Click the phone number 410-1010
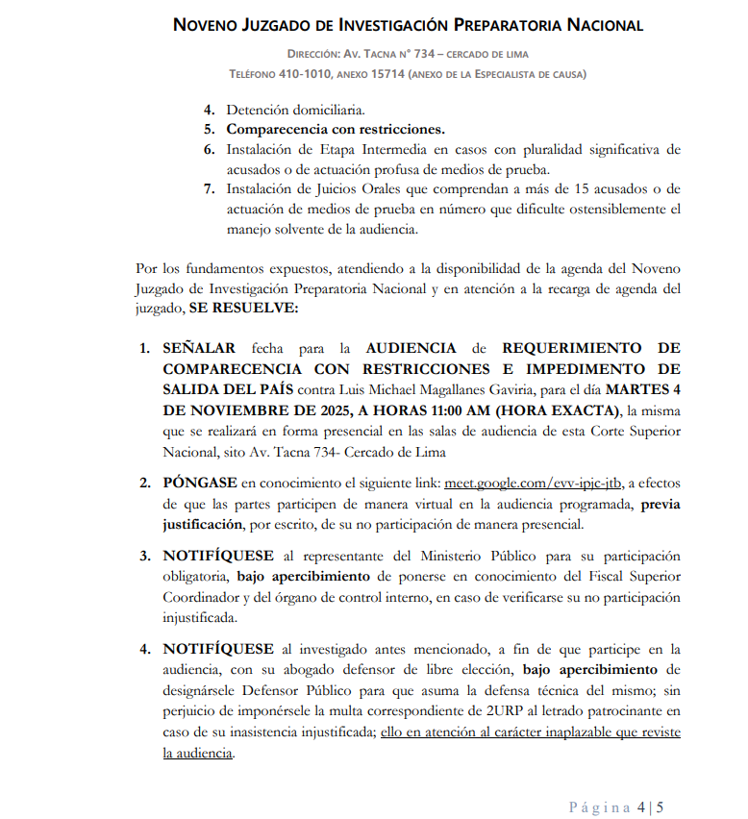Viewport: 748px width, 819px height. pyautogui.click(x=305, y=74)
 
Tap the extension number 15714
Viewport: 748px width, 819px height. pyautogui.click(x=380, y=74)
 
